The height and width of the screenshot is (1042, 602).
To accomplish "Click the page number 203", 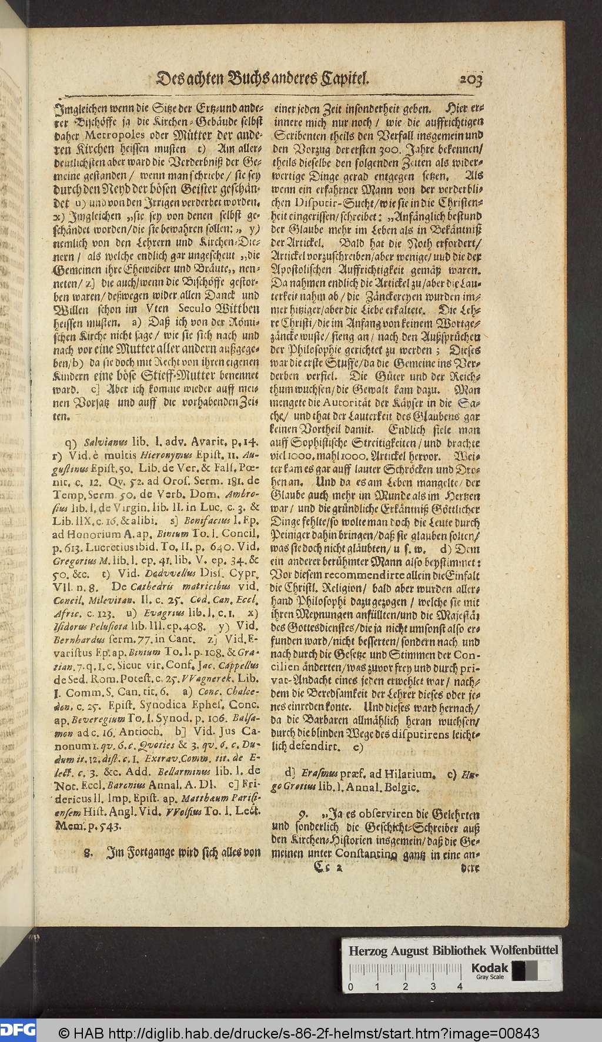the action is [463, 79].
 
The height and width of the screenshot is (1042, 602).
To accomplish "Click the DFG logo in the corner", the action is [18, 1029].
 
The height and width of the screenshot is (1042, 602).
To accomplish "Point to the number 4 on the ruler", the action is [460, 986].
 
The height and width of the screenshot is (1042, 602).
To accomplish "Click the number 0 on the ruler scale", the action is [351, 986].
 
